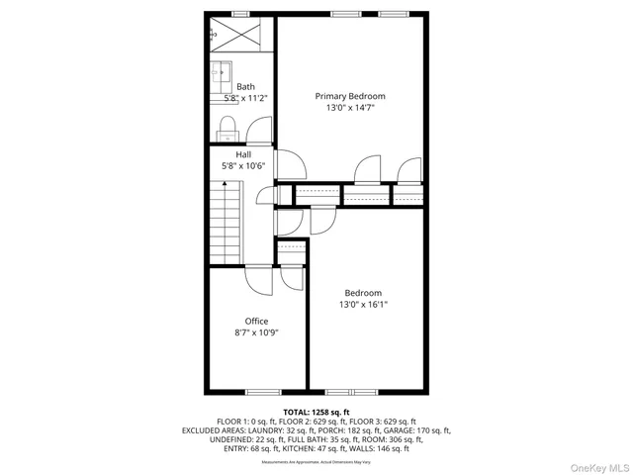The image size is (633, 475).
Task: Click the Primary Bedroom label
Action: [350, 96]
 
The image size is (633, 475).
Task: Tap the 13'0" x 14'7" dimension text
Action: [350, 108]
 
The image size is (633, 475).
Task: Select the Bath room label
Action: [245, 87]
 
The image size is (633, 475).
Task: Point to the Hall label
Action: [243, 154]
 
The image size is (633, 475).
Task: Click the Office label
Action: [257, 321]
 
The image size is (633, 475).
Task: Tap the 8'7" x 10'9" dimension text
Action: [257, 332]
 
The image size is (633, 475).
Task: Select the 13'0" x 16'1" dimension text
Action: [363, 305]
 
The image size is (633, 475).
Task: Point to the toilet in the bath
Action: [226, 126]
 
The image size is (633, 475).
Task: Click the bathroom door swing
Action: [259, 131]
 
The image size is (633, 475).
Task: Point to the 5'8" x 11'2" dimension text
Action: [246, 98]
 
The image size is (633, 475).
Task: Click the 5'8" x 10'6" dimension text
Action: [243, 166]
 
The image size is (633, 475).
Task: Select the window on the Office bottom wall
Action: [262, 391]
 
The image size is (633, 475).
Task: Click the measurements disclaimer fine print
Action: [316, 462]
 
